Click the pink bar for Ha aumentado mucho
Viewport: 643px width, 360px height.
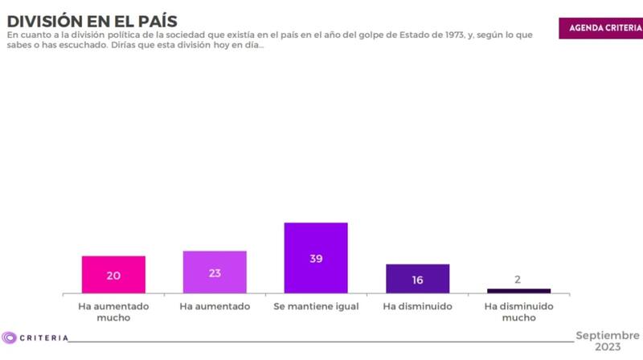(113, 275)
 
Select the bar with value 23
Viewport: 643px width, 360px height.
(215, 272)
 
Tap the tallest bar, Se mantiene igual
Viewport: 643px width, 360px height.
(316, 258)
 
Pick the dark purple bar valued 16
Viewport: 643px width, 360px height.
(417, 279)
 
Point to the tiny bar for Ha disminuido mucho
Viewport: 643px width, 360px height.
(518, 291)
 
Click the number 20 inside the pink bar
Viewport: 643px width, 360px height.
(113, 276)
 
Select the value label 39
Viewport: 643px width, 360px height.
(316, 259)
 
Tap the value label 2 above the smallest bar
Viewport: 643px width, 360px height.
(518, 280)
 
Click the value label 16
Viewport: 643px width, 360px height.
(417, 280)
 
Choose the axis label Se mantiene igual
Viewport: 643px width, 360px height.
(316, 307)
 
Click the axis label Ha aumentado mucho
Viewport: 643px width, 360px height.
(113, 312)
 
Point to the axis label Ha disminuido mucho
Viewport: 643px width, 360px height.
(518, 312)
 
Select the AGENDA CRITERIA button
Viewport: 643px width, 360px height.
(600, 27)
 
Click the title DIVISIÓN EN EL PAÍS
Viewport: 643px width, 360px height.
(92, 19)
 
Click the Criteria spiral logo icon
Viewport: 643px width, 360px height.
(10, 337)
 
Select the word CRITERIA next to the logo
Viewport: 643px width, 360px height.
(43, 338)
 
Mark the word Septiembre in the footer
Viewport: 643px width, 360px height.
(608, 334)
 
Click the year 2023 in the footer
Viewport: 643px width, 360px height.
(608, 347)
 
